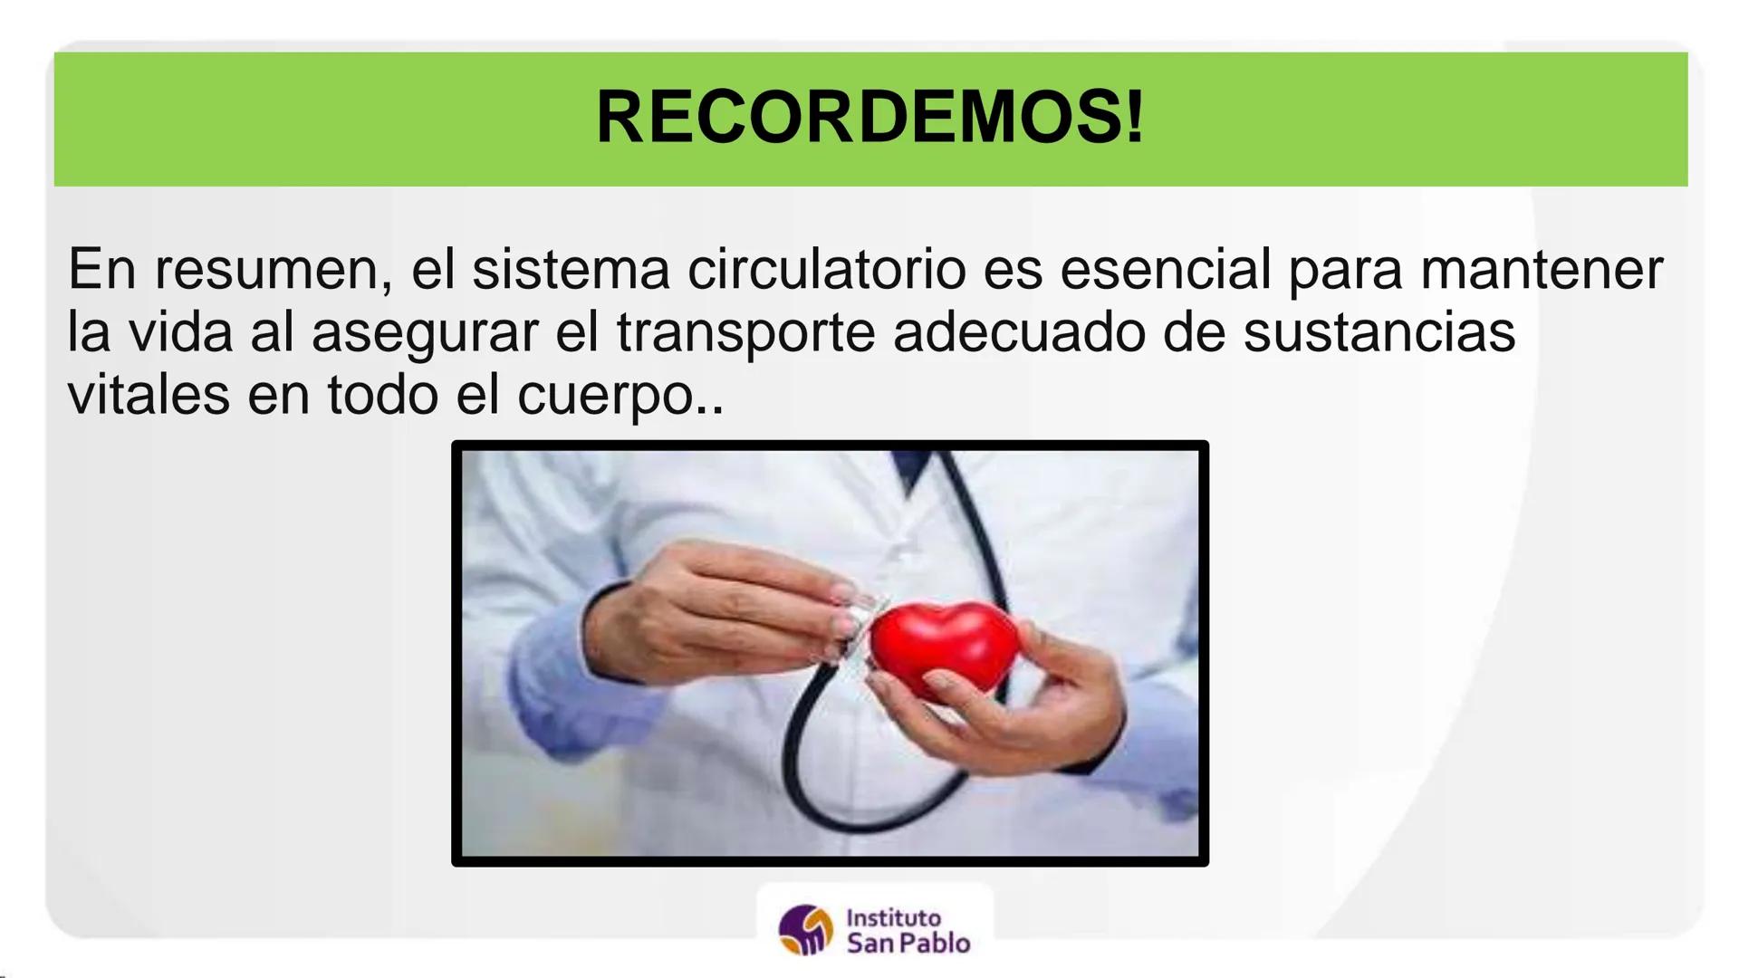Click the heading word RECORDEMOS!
[869, 118]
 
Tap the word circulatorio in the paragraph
[825, 270]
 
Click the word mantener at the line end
[1541, 270]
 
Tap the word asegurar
[425, 332]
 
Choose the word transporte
[745, 332]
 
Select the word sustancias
[1379, 332]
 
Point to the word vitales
[149, 395]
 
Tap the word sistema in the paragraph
[571, 270]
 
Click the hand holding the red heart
[1042, 706]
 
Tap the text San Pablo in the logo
[908, 944]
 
